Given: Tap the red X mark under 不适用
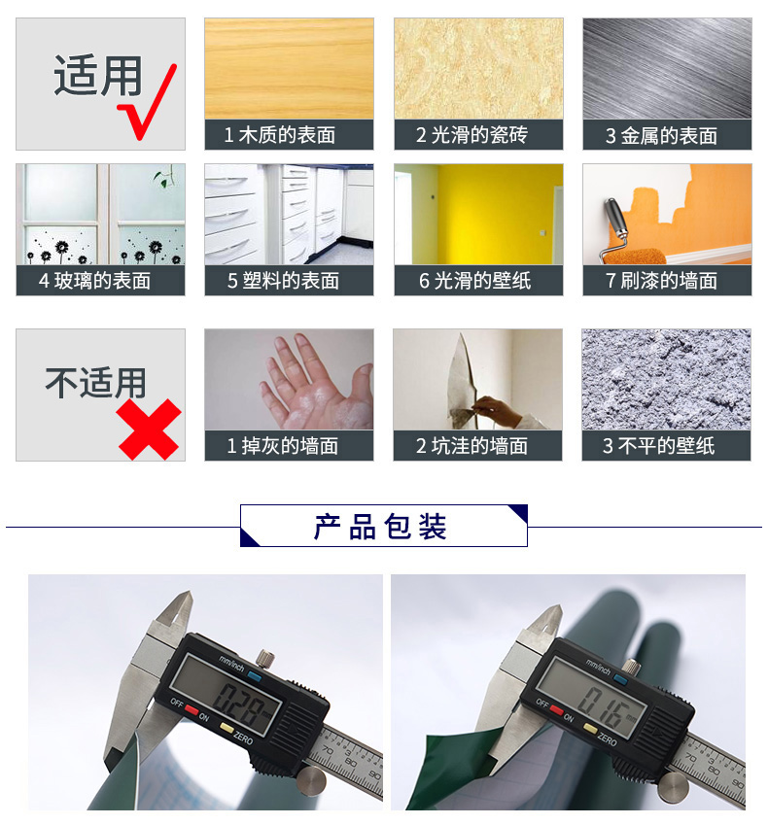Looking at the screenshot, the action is pos(150,429).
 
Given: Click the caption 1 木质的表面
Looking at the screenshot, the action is pos(280,135).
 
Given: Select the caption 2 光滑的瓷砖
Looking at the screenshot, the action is pos(471,135).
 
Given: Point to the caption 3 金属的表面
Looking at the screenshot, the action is pos(661,136).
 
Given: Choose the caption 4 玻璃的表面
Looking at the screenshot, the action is pos(94,281).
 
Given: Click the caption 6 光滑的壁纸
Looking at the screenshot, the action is pos(474,281).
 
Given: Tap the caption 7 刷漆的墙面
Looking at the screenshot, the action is pos(661,281).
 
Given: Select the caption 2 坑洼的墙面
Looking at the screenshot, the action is pos(471,446).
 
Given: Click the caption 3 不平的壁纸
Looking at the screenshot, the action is pos(658,446).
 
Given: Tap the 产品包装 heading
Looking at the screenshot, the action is pos(380,527).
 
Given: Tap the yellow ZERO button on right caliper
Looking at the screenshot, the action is pos(590,728).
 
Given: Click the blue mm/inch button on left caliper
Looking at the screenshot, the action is pos(255,676).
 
